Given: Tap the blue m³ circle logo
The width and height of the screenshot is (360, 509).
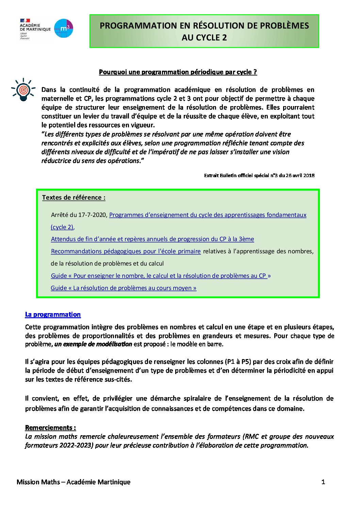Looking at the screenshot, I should (x=64, y=28).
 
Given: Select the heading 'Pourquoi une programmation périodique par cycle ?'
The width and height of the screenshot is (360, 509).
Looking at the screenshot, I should (x=178, y=72).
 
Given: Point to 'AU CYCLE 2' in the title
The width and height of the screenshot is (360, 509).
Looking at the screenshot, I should (x=204, y=38).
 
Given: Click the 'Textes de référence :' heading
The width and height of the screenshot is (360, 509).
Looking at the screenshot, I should (x=73, y=198).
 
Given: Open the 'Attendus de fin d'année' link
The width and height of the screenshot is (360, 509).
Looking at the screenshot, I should (x=152, y=239).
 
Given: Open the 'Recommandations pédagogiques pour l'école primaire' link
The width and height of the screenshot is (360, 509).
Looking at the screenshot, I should (x=126, y=251).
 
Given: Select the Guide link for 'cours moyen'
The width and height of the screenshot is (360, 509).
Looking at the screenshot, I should (x=124, y=288).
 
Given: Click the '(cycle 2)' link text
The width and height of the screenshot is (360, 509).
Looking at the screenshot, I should (x=62, y=227).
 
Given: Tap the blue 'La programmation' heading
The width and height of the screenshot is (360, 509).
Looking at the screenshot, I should (x=53, y=315).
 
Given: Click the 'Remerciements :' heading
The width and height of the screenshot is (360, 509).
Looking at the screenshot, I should (x=50, y=428).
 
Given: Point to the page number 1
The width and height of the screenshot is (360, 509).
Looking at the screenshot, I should (x=323, y=482).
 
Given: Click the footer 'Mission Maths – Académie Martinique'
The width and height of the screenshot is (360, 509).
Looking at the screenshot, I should (x=73, y=482).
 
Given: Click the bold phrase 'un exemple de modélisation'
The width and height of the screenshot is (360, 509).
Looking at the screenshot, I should (x=93, y=344).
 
